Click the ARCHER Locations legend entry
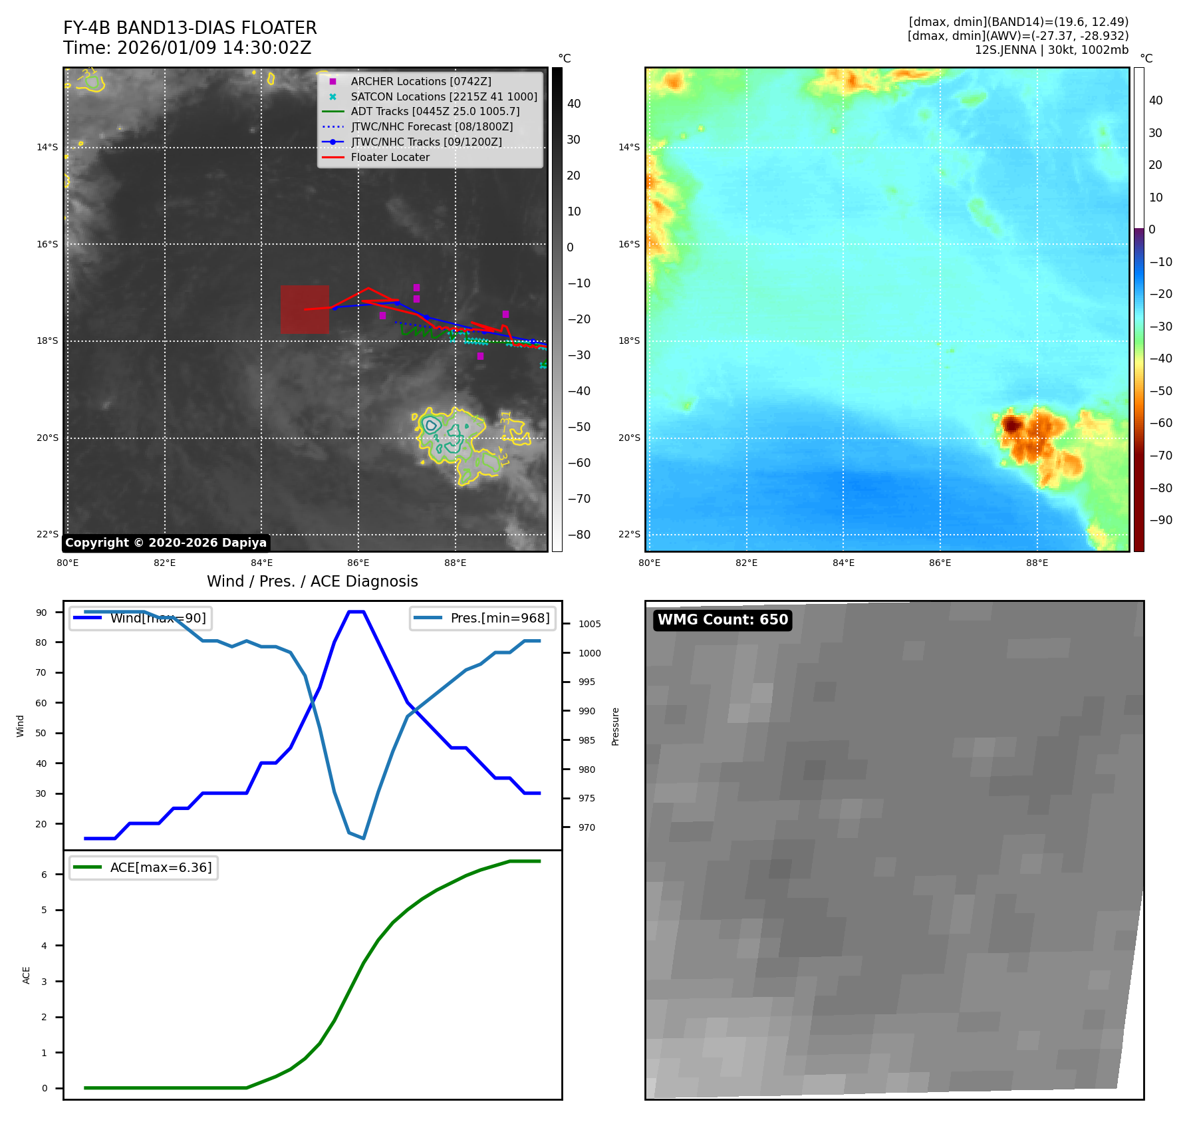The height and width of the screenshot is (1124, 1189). pos(420,81)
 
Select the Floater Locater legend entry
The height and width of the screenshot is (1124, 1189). pos(390,158)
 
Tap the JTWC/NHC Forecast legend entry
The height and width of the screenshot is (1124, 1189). pos(432,127)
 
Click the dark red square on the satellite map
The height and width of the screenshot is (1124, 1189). pos(305,309)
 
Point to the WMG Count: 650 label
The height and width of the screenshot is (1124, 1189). pos(722,620)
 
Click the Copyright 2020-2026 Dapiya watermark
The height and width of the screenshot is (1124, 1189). pos(166,543)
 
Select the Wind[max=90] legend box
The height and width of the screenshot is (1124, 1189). pos(141,619)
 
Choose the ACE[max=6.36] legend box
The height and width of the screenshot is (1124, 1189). pos(144,868)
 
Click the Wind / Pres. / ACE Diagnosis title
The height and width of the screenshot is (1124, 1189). pos(312,581)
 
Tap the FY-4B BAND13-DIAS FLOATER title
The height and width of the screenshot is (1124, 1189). pos(190,28)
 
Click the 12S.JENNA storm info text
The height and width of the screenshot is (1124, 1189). pos(1051,50)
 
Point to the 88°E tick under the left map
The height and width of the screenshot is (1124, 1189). pos(455,563)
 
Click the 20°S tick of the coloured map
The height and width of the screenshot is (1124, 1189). pos(629,438)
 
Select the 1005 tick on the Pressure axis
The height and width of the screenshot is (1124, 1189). pos(589,624)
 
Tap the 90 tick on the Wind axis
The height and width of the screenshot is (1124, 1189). pos(42,613)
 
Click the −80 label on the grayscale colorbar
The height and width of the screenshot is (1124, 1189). pos(579,535)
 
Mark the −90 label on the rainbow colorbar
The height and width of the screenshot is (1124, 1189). pos(1160,520)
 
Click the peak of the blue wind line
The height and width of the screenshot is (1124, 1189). pos(356,612)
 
